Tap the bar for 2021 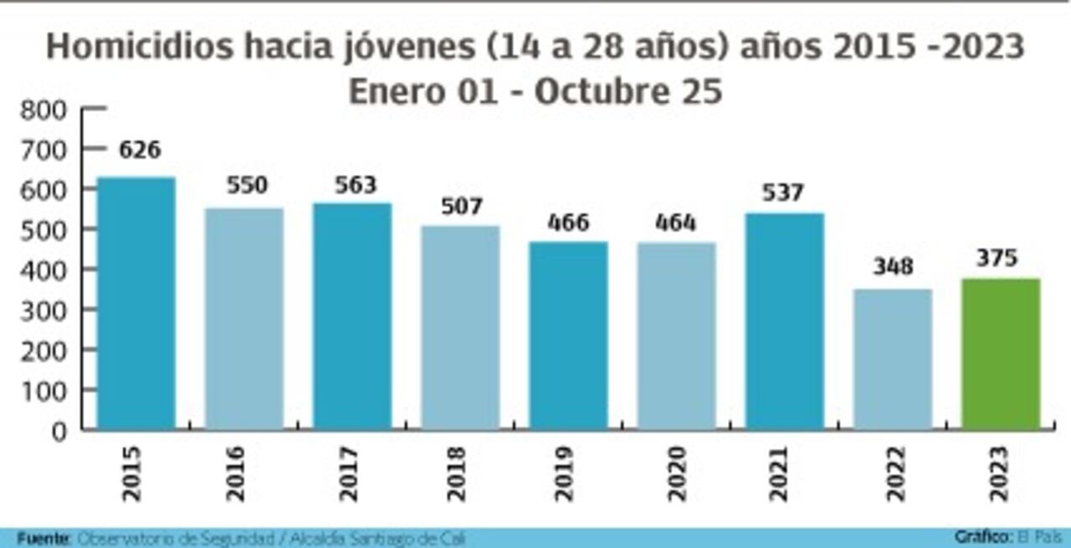click(x=785, y=321)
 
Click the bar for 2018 click(x=460, y=327)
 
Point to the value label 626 click(x=140, y=151)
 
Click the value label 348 click(x=893, y=267)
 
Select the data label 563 click(x=356, y=185)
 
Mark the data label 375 click(x=997, y=259)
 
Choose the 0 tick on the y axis click(x=59, y=432)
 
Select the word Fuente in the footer click(x=43, y=538)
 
